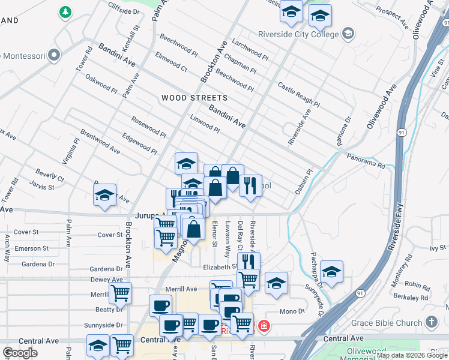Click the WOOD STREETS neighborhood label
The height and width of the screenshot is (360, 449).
(x=194, y=97)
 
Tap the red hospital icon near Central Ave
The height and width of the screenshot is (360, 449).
(x=264, y=326)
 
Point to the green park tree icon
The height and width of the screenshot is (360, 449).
(x=64, y=11)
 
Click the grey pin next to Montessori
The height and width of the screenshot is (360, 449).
(x=54, y=56)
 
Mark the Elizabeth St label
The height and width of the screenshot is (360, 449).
(x=215, y=266)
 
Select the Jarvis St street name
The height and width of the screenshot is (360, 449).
(x=43, y=187)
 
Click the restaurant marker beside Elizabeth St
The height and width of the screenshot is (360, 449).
(x=249, y=262)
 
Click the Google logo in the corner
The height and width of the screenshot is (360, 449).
(x=20, y=352)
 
